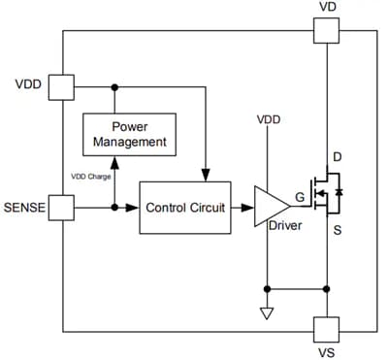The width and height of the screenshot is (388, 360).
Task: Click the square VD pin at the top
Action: click(329, 31)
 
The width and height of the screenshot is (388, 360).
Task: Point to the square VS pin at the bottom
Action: click(329, 330)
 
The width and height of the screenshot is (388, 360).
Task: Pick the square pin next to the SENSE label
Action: click(63, 207)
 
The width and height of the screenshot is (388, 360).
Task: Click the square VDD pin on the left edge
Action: click(63, 86)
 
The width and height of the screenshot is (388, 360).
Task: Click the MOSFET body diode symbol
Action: click(341, 193)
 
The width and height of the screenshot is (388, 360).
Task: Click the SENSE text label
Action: click(26, 207)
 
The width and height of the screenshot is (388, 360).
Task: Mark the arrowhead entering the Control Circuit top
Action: click(205, 176)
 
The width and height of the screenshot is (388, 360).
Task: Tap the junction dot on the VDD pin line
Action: click(114, 86)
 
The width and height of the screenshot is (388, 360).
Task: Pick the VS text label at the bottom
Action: click(329, 351)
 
